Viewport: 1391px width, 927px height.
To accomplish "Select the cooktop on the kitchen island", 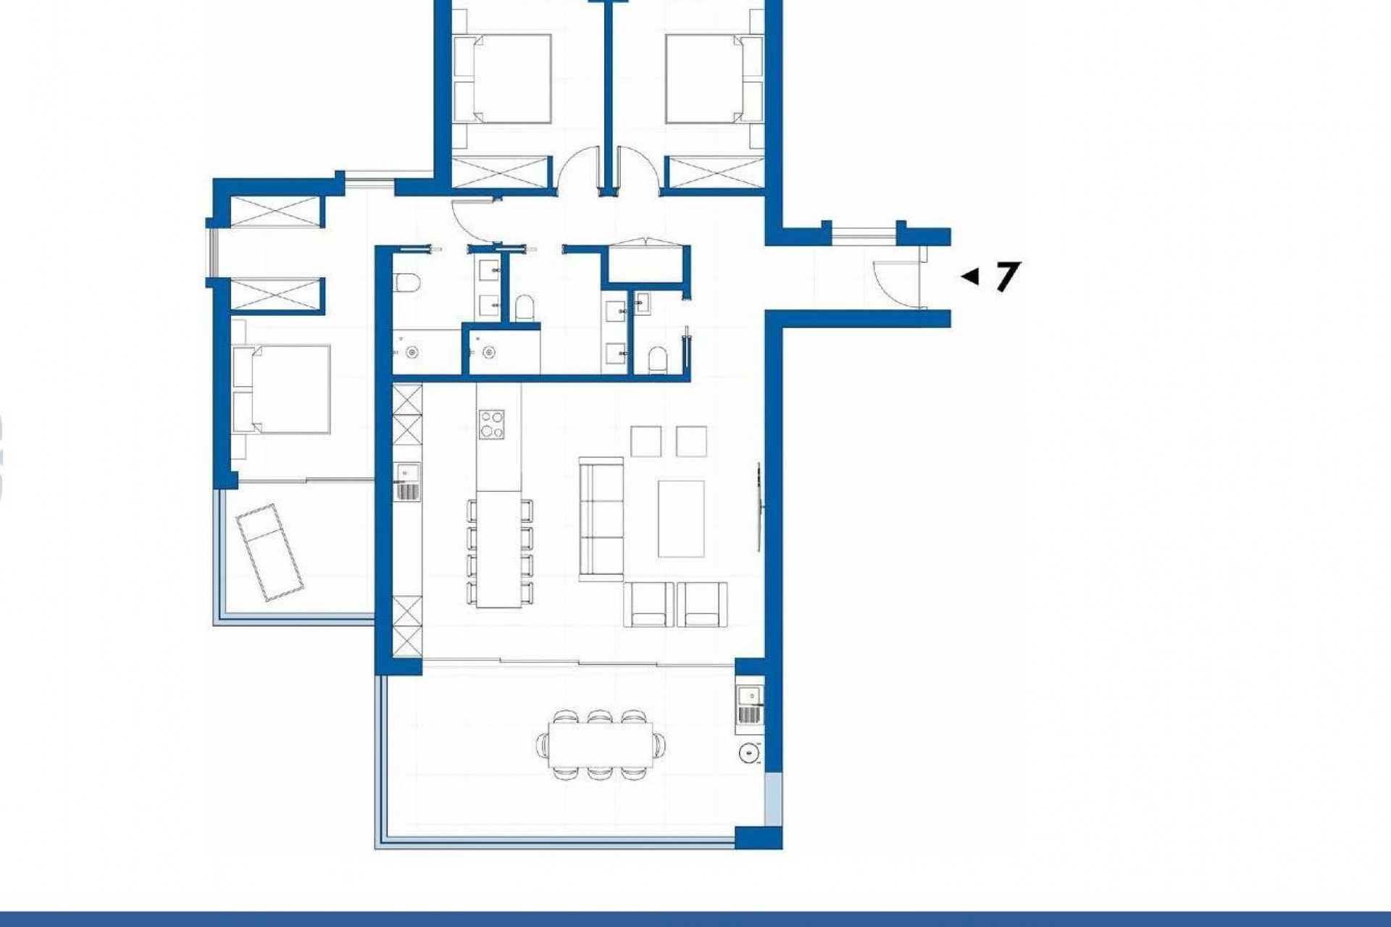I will [492, 424].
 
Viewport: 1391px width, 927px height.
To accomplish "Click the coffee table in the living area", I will [681, 519].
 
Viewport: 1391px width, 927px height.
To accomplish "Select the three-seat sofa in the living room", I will [601, 518].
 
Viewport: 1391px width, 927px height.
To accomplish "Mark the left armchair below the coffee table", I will [648, 604].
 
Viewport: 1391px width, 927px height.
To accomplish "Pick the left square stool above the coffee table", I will [646, 441].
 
